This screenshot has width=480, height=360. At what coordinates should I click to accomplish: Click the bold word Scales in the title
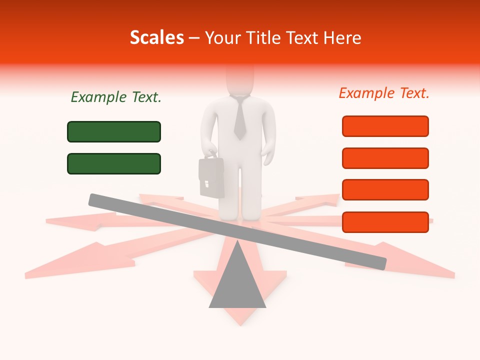point(156,37)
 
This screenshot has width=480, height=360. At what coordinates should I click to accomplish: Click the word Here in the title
point(342,38)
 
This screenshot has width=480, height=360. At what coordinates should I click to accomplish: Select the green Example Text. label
point(116,97)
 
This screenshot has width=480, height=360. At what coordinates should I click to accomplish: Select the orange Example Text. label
point(384,93)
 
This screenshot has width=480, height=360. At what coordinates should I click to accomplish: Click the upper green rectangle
point(114,131)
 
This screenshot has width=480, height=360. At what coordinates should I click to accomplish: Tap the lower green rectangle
point(114,163)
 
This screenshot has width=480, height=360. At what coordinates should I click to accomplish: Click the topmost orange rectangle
point(385,126)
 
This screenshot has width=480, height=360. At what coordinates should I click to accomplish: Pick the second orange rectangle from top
point(385,158)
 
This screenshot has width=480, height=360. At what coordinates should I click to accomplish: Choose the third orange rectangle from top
point(385,190)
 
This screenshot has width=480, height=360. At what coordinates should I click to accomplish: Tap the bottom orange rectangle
point(385,222)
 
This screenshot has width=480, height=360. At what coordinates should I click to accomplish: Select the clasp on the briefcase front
point(205,182)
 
